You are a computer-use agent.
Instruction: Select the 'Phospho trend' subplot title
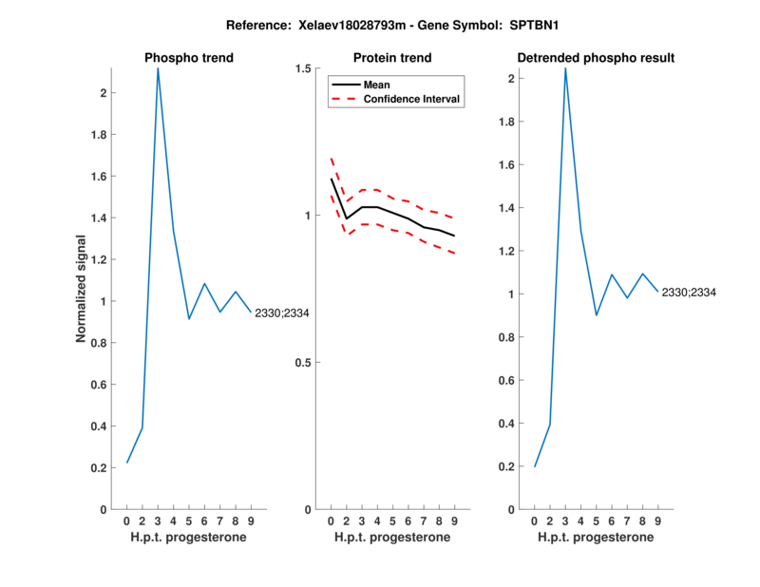tap(189, 58)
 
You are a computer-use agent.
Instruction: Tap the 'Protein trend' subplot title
tap(392, 58)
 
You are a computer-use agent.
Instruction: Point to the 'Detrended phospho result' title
tap(596, 58)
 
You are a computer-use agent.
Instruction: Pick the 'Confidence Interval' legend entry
tap(412, 99)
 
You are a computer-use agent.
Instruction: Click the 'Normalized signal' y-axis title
tap(83, 289)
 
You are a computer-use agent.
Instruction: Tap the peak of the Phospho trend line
tap(158, 68)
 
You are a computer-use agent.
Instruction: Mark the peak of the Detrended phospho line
tap(565, 68)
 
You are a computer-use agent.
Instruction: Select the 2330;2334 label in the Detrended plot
tap(689, 293)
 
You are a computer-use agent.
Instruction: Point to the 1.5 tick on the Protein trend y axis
tap(303, 68)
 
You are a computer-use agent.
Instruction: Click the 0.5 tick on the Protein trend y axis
tap(303, 363)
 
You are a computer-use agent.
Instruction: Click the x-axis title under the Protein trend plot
tap(392, 538)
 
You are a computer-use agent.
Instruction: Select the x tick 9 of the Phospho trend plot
tap(251, 521)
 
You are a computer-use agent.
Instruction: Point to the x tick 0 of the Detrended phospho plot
tap(535, 521)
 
